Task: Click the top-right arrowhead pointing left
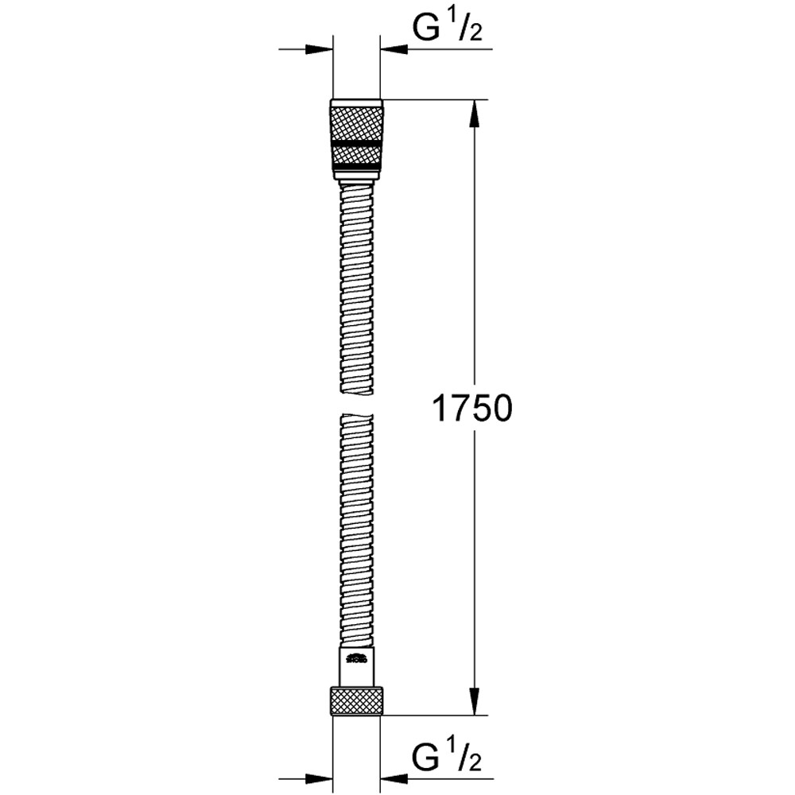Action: pos(394,49)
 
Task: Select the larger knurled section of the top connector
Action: pos(356,123)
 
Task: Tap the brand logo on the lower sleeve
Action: pos(357,658)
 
